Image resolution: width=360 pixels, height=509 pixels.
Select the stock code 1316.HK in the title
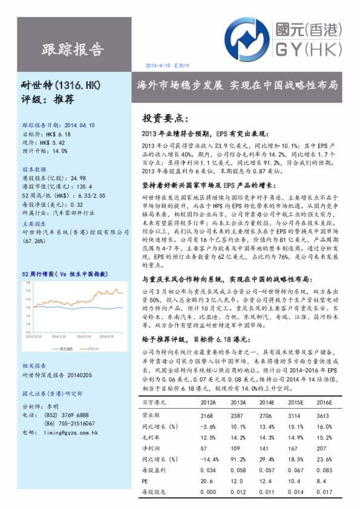79,85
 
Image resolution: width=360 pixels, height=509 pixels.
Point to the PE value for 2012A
208,482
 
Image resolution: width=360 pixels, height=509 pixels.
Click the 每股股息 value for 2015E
295,493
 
